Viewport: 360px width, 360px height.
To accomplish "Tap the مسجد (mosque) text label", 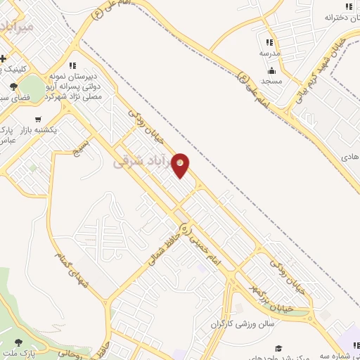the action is click(271, 82).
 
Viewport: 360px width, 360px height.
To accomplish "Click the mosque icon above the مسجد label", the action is click(271, 70).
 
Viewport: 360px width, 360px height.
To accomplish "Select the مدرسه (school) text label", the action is click(270, 53).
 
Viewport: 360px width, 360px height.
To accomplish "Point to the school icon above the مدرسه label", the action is click(270, 42).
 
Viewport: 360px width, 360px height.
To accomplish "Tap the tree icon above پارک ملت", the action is click(6, 341).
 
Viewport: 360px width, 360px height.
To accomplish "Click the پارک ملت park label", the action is click(17, 350).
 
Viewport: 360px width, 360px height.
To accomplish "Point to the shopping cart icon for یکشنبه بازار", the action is click(37, 119).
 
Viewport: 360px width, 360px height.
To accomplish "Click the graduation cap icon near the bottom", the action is click(278, 348).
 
